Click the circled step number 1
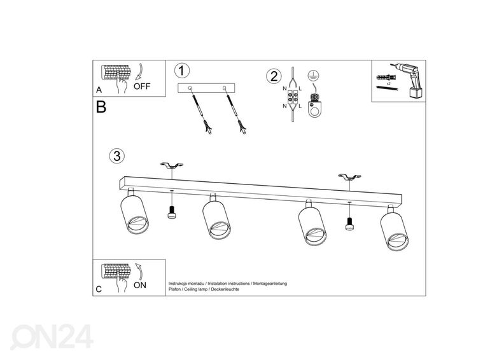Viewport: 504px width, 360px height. (183, 71)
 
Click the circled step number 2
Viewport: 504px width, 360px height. (273, 77)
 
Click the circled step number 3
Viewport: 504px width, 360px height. (116, 156)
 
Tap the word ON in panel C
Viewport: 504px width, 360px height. (140, 285)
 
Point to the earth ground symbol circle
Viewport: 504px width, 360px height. (312, 74)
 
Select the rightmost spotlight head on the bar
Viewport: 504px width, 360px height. (393, 232)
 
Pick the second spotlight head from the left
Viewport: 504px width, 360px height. (217, 219)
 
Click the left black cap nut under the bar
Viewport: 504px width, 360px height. (171, 214)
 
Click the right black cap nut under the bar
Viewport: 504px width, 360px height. (349, 223)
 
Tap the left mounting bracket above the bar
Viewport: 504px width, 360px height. (170, 167)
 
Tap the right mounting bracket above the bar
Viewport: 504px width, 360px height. (349, 177)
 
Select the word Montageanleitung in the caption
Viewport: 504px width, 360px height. (270, 283)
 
